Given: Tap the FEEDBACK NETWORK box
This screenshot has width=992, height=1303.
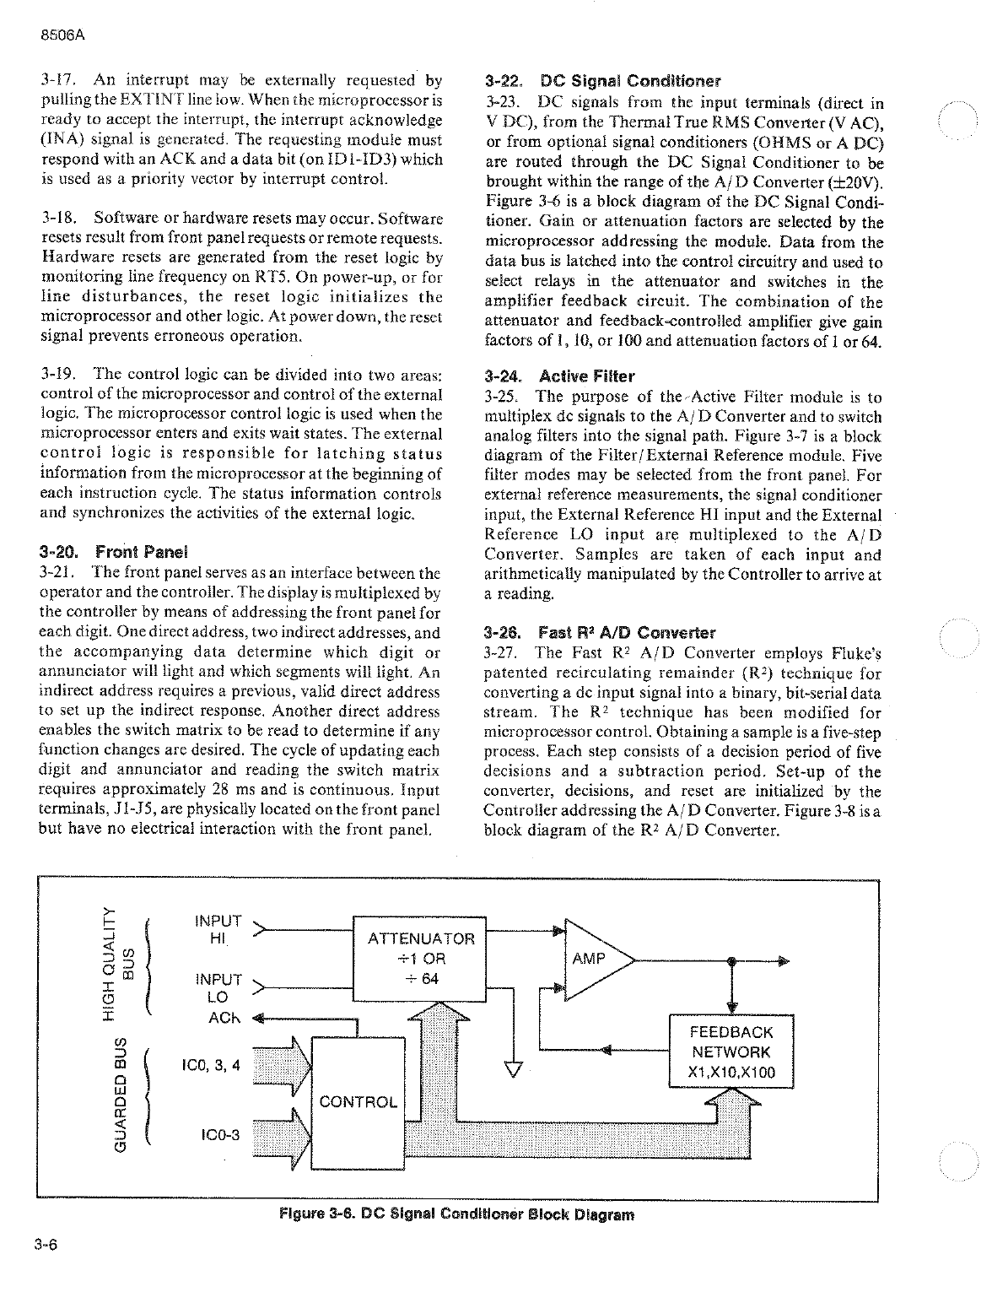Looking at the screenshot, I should [x=731, y=1052].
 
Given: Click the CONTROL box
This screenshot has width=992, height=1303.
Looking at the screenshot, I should [x=358, y=1101].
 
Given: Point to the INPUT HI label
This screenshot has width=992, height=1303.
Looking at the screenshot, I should [x=218, y=929].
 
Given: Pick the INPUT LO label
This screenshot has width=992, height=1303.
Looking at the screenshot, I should [x=218, y=988].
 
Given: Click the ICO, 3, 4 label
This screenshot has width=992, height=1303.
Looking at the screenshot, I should [x=211, y=1065].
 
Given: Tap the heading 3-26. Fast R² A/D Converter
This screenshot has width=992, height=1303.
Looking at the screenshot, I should [x=600, y=632].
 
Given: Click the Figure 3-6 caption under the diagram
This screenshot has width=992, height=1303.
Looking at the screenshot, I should [x=456, y=1215].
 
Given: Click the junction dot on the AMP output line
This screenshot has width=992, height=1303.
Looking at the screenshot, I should [x=731, y=960].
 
